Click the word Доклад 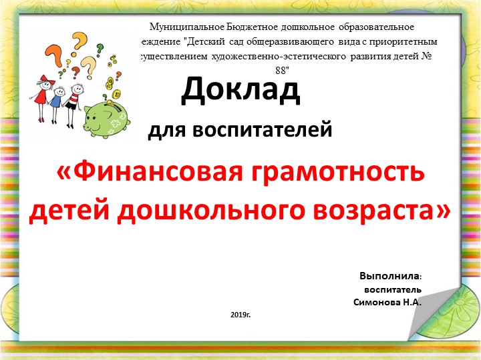pos(240,91)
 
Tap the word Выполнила pos(390,276)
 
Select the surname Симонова pos(376,302)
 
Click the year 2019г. pos(240,313)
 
